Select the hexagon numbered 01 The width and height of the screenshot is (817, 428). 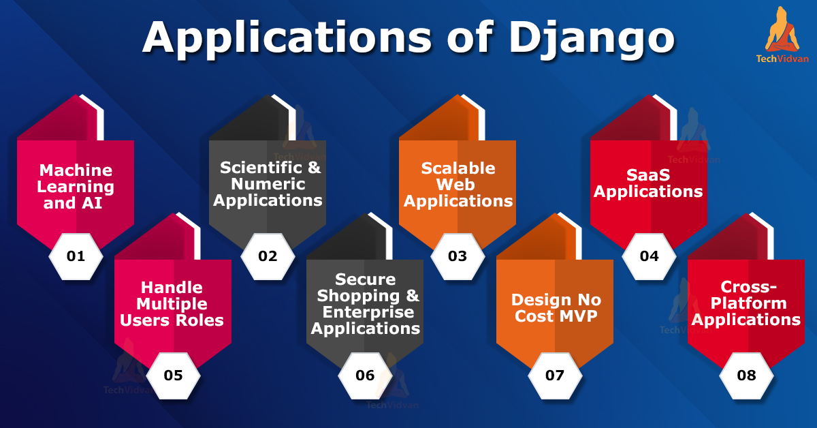[x=76, y=256]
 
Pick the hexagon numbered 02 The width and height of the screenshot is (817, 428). [x=268, y=256]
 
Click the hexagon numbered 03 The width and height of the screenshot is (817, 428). [x=458, y=256]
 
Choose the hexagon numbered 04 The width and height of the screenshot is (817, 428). [x=650, y=256]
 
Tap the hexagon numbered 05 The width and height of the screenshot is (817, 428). [x=173, y=375]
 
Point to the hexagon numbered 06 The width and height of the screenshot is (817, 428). [x=366, y=375]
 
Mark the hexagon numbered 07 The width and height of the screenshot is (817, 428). [x=555, y=375]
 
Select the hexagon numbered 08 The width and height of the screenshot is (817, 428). [x=747, y=375]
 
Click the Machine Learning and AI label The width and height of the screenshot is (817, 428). [x=76, y=186]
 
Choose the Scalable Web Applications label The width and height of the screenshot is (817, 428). [x=458, y=184]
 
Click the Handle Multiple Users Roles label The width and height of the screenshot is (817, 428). [x=172, y=303]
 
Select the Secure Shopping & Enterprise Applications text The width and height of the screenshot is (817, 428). [x=366, y=303]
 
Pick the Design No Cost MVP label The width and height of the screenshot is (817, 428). [x=556, y=308]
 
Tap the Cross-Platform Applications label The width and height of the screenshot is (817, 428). [x=747, y=303]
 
